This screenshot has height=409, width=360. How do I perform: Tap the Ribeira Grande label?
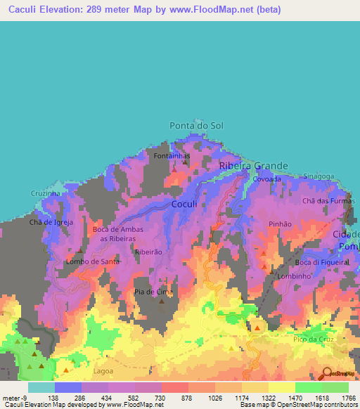pos(254,166)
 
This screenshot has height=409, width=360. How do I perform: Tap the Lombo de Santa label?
pos(92,261)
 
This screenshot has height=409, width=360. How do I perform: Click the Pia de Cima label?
pos(153,291)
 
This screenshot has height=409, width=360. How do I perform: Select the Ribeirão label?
pos(148,252)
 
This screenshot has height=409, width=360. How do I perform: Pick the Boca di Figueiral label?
pos(322,262)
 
